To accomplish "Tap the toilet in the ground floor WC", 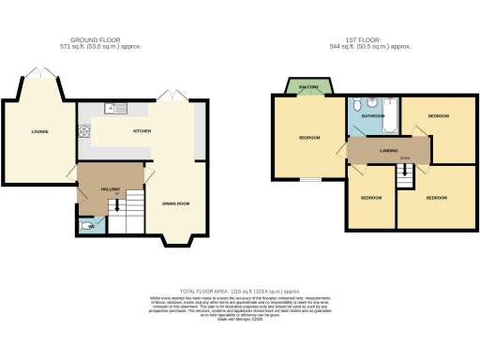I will coord(87,225).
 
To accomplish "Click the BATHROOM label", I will coord(374,116).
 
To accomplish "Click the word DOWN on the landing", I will coord(403,157).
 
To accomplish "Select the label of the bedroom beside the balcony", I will coord(308,138).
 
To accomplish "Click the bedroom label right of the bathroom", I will coord(438,115).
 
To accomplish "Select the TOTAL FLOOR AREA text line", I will coord(240,292).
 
